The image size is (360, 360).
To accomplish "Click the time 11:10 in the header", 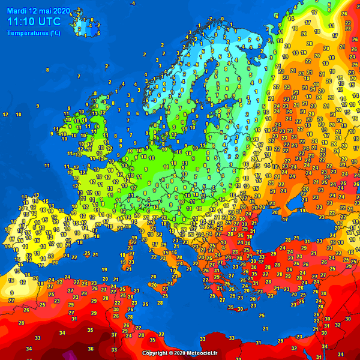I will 20,21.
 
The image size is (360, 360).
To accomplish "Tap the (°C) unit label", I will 55,33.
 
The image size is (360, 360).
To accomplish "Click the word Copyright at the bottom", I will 157,353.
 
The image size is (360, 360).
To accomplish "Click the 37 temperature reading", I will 114,335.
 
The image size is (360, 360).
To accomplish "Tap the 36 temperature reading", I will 91,348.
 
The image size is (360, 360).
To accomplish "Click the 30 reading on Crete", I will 239,309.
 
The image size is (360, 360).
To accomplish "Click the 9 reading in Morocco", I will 11,293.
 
